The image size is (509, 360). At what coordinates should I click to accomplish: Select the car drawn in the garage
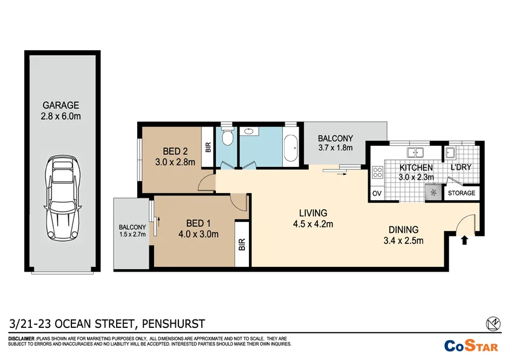click(x=61, y=198)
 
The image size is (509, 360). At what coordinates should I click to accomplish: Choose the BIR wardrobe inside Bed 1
click(x=242, y=244)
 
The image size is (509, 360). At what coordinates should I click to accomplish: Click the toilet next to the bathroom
click(x=227, y=137)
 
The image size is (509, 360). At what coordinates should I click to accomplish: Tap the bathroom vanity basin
click(x=248, y=131)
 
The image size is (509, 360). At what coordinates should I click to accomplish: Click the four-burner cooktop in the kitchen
click(x=377, y=172)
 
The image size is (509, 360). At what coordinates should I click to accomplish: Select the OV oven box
click(x=376, y=194)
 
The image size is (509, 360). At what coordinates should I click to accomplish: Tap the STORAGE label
click(x=462, y=194)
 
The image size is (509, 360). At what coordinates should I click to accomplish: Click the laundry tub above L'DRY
click(x=451, y=151)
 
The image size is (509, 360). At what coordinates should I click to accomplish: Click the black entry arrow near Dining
click(x=464, y=241)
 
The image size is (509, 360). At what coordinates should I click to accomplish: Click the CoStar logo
click(x=472, y=346)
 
